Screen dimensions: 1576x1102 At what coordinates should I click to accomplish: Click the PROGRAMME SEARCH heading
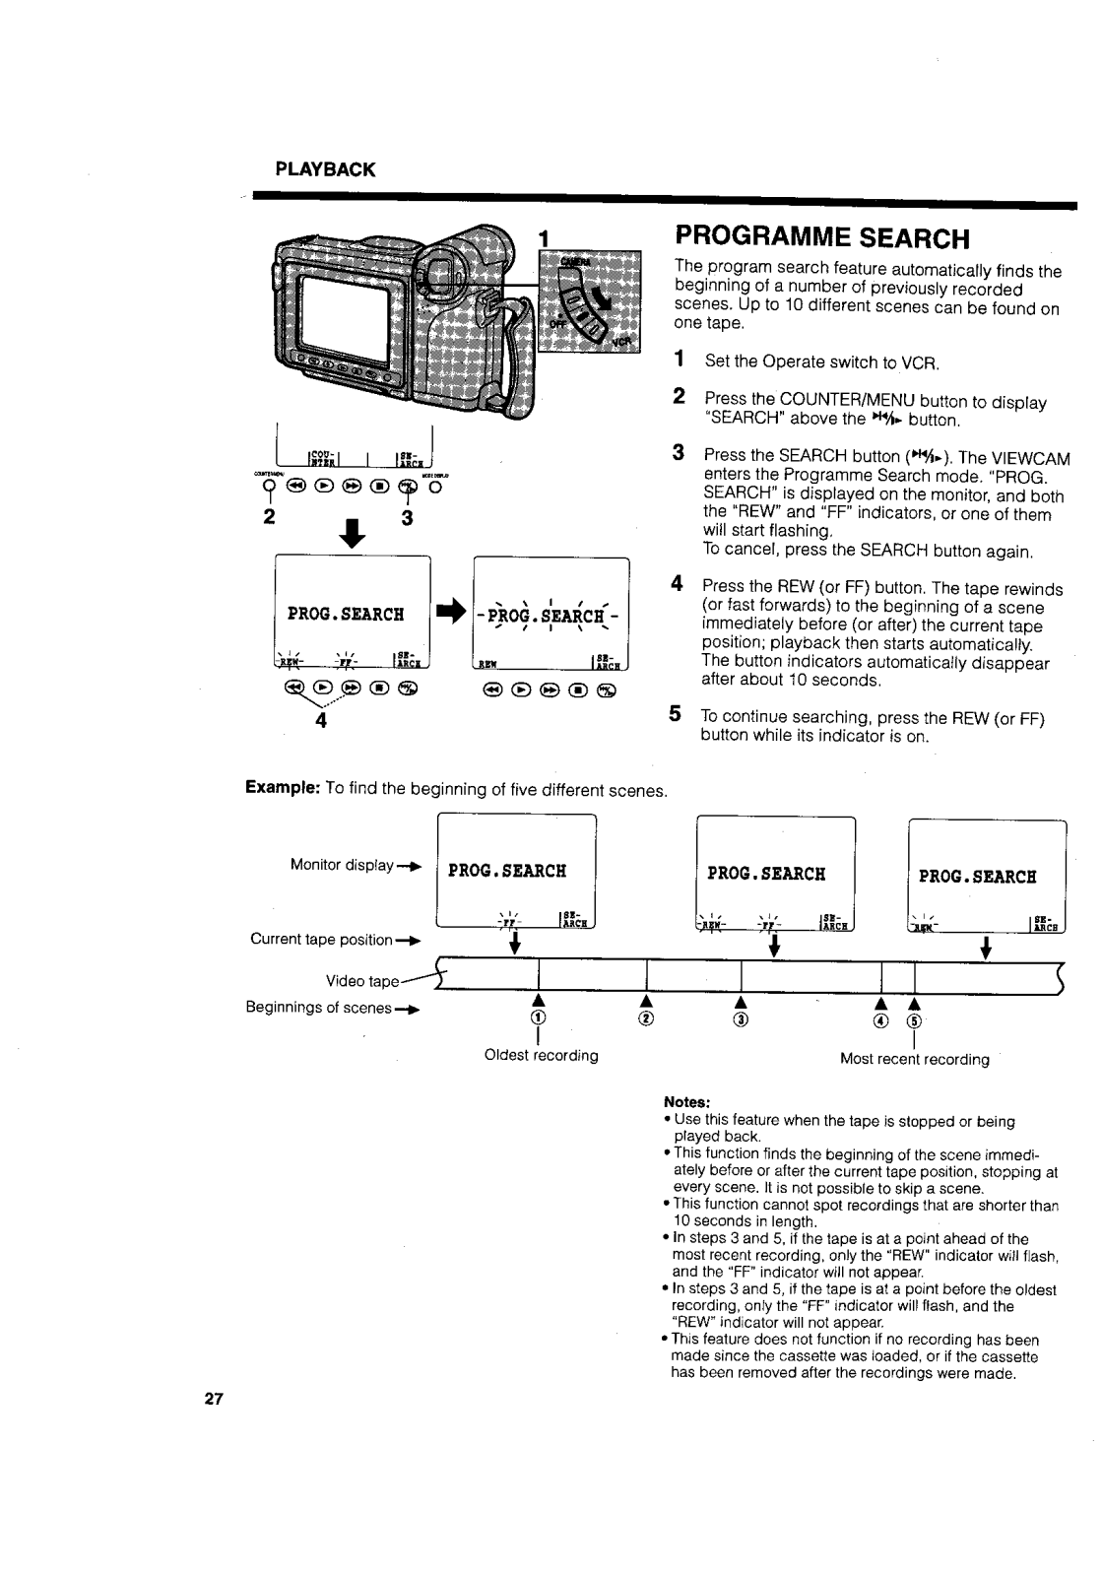coord(822,239)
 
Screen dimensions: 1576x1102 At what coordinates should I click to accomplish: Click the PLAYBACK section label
coord(325,168)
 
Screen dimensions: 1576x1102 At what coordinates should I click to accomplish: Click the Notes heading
coord(687,1101)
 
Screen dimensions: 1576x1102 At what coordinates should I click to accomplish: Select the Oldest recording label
coord(541,1055)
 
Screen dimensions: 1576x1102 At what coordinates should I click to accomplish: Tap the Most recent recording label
coord(914,1059)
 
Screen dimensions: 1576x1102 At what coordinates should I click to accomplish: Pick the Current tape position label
coord(321,939)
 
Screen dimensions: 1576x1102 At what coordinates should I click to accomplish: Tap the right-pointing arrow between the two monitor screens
coord(451,612)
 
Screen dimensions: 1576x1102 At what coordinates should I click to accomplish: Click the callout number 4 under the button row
coord(320,718)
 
